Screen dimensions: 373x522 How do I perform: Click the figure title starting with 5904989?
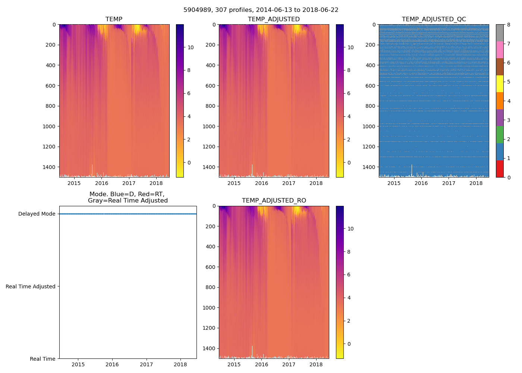[x=261, y=10]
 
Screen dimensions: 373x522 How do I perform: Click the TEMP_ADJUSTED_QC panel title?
[x=434, y=19]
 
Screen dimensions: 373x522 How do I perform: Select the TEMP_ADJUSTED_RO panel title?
[x=274, y=201]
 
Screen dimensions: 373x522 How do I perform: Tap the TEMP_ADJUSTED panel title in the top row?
[x=274, y=19]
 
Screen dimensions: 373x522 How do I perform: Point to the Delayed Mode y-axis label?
[x=37, y=214]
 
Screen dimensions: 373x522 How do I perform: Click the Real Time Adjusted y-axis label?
[x=30, y=286]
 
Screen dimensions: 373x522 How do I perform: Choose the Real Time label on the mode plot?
[x=43, y=359]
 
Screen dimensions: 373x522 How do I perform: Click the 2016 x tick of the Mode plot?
[x=112, y=364]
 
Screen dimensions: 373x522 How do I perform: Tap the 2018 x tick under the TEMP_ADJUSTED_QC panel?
[x=476, y=183]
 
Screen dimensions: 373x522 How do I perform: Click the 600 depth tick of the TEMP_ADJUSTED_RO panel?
[x=211, y=267]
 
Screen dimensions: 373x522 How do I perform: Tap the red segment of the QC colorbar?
[x=500, y=169]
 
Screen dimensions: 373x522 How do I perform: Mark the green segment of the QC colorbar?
[x=500, y=135]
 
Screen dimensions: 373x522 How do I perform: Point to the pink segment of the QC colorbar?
[x=500, y=50]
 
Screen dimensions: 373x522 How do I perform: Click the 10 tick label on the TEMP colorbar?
[x=190, y=47]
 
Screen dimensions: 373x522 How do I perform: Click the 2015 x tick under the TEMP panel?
[x=74, y=183]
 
